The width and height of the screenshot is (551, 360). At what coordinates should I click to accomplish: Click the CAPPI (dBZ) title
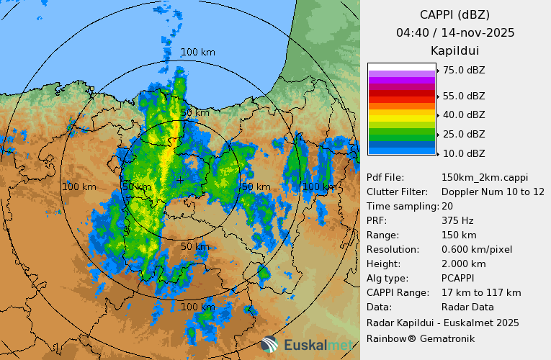pyautogui.click(x=455, y=14)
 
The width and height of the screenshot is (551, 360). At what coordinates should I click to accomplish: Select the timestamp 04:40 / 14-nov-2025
pyautogui.click(x=455, y=32)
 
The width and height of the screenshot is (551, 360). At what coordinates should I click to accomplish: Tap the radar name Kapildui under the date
pyautogui.click(x=454, y=50)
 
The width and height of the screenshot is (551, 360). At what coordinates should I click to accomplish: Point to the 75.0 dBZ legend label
pyautogui.click(x=464, y=70)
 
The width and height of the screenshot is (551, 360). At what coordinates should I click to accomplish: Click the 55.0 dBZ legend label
pyautogui.click(x=464, y=96)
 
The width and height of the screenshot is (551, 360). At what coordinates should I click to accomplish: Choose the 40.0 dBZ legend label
pyautogui.click(x=464, y=114)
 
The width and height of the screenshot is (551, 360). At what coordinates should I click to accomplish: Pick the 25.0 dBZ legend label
pyautogui.click(x=464, y=134)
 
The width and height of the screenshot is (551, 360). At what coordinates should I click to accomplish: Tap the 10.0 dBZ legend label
pyautogui.click(x=464, y=153)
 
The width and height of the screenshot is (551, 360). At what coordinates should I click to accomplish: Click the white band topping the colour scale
pyautogui.click(x=401, y=66)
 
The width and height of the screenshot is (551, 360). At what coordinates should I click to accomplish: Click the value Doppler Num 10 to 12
pyautogui.click(x=493, y=192)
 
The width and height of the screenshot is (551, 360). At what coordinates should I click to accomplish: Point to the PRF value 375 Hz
pyautogui.click(x=458, y=220)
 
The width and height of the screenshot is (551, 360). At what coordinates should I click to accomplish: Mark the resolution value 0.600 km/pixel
pyautogui.click(x=477, y=249)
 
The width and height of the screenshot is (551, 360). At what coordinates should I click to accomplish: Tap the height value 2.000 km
pyautogui.click(x=463, y=264)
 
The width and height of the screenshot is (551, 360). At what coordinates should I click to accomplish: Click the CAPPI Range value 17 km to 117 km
pyautogui.click(x=481, y=292)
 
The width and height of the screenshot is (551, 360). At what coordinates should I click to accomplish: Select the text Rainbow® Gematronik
pyautogui.click(x=421, y=338)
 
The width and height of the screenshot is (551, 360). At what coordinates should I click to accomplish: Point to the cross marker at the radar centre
pyautogui.click(x=179, y=179)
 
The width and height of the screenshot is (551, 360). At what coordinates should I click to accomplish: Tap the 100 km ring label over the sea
pyautogui.click(x=197, y=52)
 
